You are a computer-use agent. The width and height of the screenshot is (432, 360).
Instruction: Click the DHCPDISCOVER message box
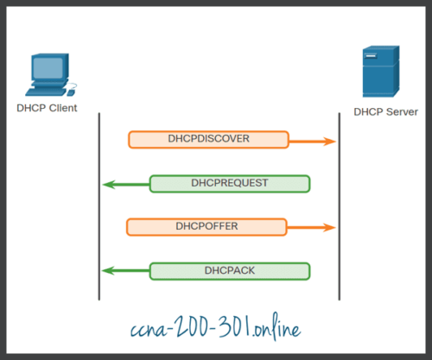click(x=207, y=139)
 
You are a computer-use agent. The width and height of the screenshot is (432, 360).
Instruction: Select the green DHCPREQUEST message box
click(x=230, y=183)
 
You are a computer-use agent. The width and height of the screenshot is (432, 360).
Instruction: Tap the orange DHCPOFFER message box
click(x=207, y=227)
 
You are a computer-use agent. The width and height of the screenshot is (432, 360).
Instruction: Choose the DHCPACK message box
click(x=230, y=271)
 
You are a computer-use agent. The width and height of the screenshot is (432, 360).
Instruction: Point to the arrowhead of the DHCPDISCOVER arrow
click(x=329, y=140)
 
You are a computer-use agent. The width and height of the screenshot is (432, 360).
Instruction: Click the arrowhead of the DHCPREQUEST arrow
click(x=107, y=184)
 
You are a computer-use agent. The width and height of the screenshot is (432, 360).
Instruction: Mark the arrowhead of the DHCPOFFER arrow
click(x=329, y=228)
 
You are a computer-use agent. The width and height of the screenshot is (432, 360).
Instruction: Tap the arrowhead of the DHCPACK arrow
click(x=107, y=271)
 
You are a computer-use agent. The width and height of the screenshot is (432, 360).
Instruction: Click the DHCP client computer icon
click(x=48, y=75)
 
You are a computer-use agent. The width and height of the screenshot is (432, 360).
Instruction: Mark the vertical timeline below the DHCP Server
click(x=339, y=207)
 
